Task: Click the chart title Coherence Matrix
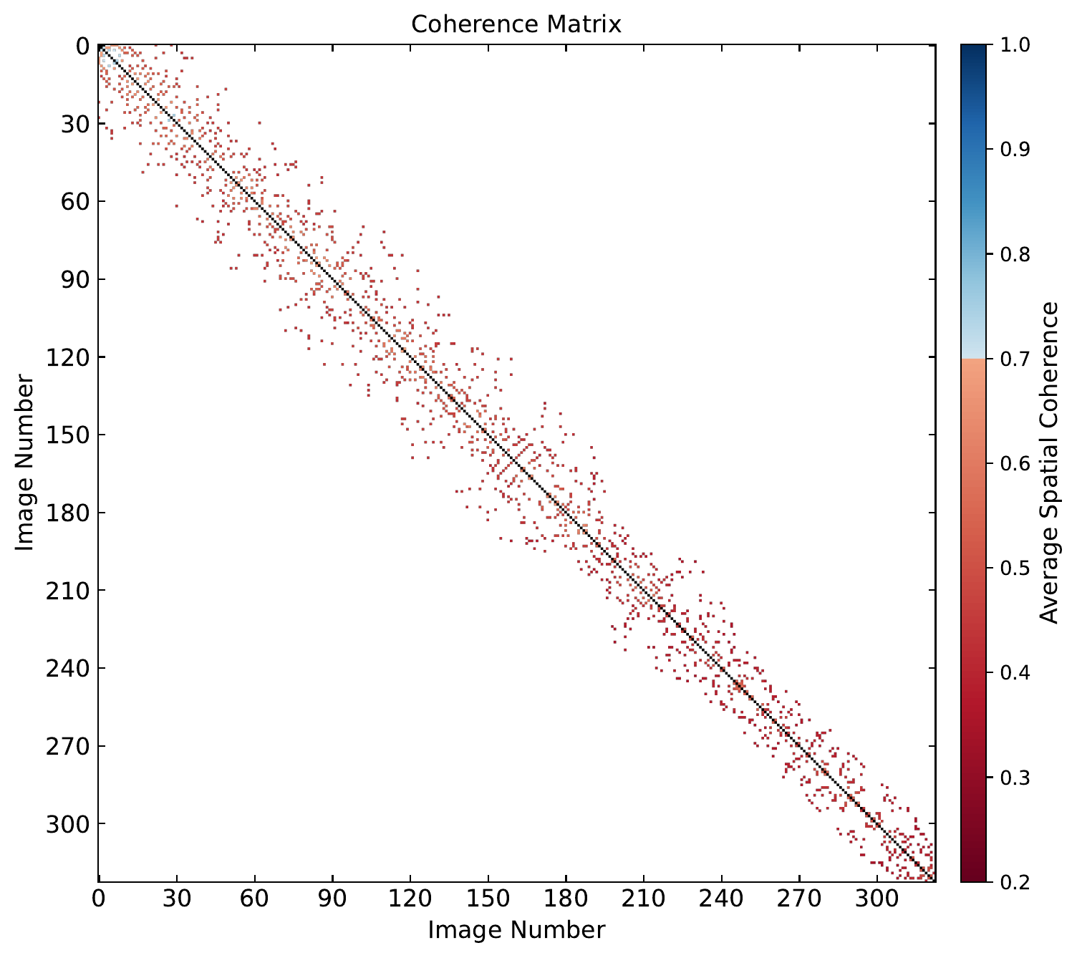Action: point(516,24)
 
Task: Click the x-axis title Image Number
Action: point(516,929)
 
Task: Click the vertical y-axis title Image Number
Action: point(25,463)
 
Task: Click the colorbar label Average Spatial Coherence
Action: point(1049,463)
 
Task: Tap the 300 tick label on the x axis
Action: point(876,899)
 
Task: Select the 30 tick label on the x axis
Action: point(176,899)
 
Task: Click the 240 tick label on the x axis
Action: point(721,899)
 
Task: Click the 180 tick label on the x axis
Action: point(566,899)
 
